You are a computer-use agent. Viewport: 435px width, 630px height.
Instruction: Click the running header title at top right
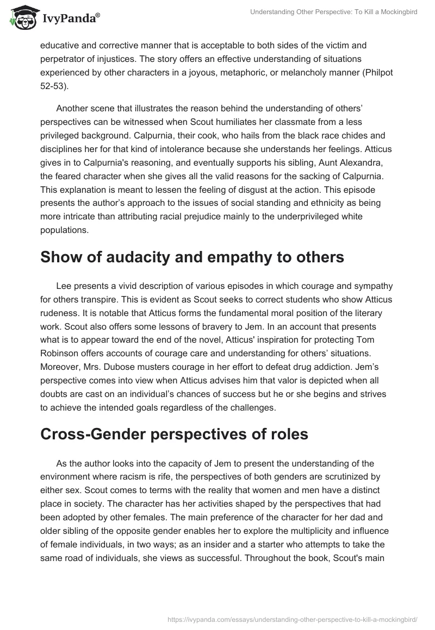[x=333, y=12]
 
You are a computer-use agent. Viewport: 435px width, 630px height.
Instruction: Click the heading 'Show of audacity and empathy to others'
[x=192, y=257]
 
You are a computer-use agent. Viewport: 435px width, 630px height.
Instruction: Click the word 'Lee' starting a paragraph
[x=63, y=286]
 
